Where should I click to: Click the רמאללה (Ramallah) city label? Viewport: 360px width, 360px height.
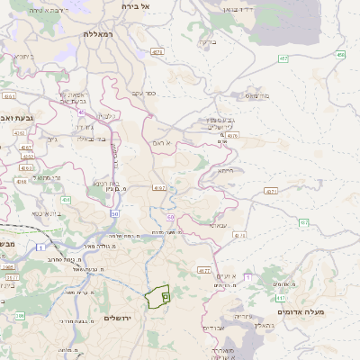pyautogui.click(x=96, y=33)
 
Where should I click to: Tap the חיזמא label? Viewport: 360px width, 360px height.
pyautogui.click(x=225, y=170)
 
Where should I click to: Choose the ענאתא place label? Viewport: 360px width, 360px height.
pyautogui.click(x=217, y=226)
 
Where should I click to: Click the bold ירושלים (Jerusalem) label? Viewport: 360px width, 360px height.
pyautogui.click(x=119, y=319)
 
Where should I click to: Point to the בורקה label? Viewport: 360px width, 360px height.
pyautogui.click(x=206, y=41)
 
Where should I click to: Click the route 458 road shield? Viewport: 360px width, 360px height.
pyautogui.click(x=340, y=55)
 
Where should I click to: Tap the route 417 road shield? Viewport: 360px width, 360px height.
pyautogui.click(x=280, y=297)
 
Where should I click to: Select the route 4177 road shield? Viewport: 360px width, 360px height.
pyautogui.click(x=204, y=269)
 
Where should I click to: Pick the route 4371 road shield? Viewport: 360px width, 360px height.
pyautogui.click(x=271, y=191)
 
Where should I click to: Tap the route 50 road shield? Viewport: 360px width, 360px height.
pyautogui.click(x=115, y=213)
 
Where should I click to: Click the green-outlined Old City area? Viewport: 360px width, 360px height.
pyautogui.click(x=158, y=296)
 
